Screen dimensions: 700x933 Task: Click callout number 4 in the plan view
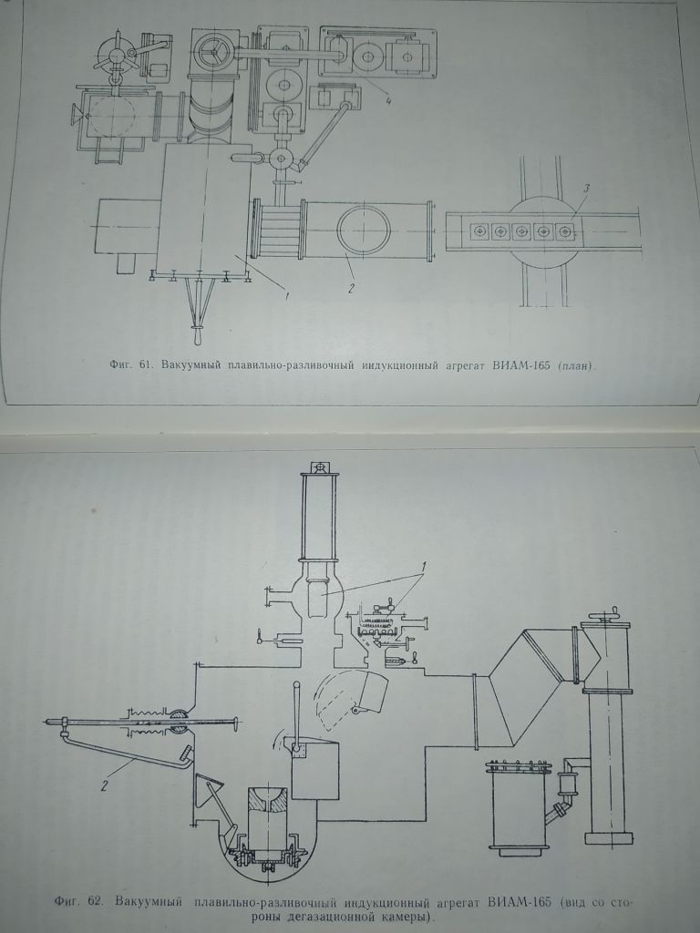[388, 101]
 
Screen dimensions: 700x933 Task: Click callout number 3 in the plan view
[586, 189]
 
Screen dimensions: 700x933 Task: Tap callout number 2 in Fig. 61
[351, 289]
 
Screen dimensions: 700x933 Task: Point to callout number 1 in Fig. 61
[287, 295]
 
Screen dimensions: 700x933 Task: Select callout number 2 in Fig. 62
[104, 786]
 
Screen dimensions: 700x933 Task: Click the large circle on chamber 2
[364, 231]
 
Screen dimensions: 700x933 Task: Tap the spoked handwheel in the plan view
[211, 52]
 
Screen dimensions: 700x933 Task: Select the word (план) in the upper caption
[576, 366]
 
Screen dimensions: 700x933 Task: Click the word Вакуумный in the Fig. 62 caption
[149, 901]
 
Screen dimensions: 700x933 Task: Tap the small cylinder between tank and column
[567, 781]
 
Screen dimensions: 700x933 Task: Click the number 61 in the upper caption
[143, 365]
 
